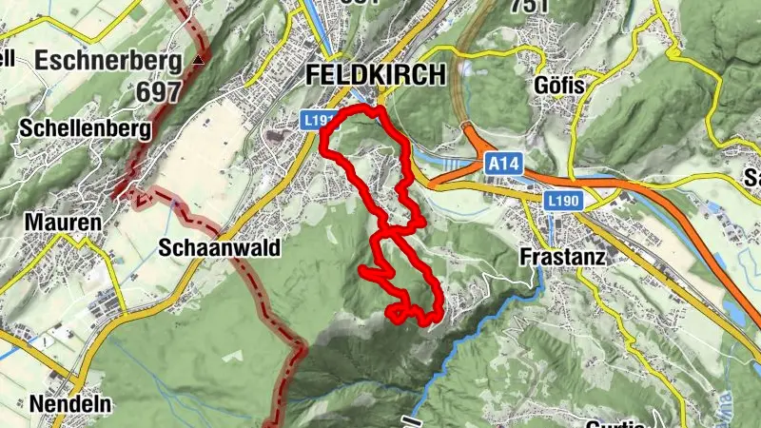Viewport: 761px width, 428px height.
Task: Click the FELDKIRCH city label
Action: (x=377, y=75)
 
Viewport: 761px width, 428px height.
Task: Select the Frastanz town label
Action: (x=563, y=257)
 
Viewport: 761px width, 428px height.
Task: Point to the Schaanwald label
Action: (x=220, y=249)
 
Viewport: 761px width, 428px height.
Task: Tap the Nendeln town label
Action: (x=69, y=404)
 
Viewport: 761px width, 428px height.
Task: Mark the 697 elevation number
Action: (x=159, y=92)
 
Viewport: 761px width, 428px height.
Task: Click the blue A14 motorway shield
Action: (x=504, y=165)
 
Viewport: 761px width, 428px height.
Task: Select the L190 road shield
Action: (x=563, y=201)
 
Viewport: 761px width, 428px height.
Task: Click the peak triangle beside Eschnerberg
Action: (x=198, y=60)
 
